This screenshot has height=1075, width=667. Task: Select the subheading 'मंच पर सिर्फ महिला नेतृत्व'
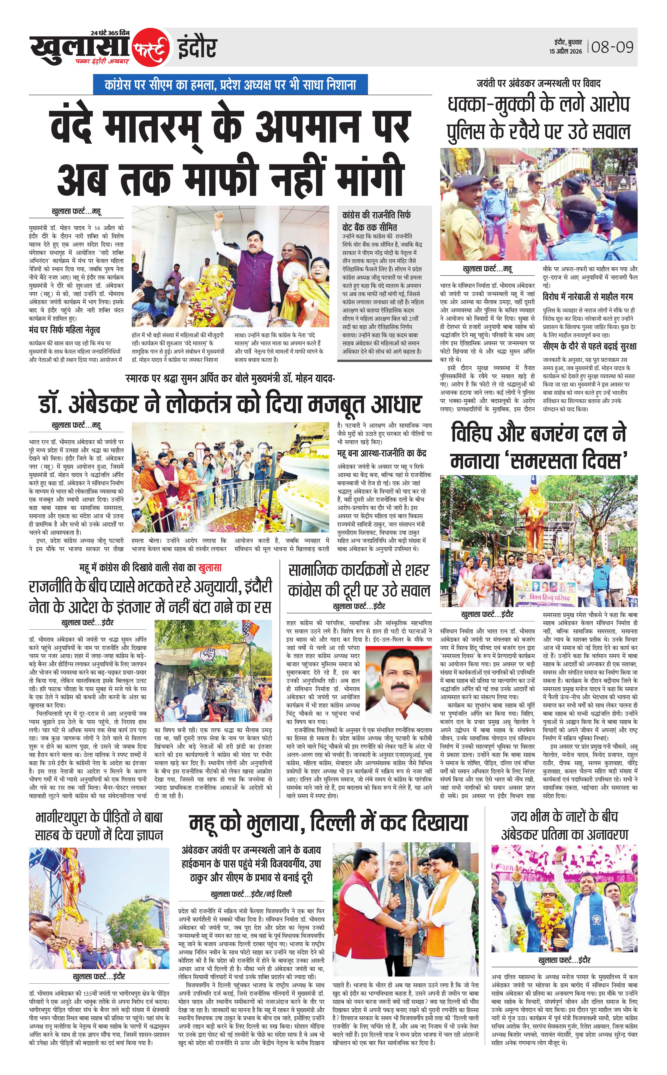[x=64, y=330]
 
